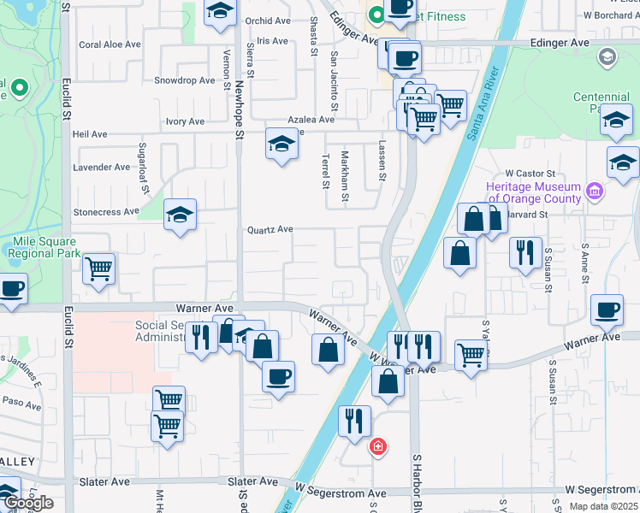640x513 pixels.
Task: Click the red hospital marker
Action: (x=376, y=446)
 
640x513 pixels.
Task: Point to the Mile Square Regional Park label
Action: (x=46, y=247)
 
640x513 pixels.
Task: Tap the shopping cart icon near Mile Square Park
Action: (x=99, y=268)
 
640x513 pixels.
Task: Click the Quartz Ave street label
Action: (x=270, y=229)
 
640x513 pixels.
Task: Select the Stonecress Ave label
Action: (x=106, y=211)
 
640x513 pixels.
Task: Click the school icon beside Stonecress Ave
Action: (x=180, y=215)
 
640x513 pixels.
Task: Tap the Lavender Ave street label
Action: (x=103, y=167)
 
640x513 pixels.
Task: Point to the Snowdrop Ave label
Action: (x=184, y=80)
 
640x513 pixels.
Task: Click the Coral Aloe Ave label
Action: (x=110, y=44)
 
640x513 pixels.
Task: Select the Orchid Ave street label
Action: (x=268, y=21)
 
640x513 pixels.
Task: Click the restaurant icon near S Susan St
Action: (x=525, y=252)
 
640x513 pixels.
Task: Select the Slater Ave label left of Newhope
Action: (x=104, y=482)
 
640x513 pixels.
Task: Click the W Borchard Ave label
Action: (x=611, y=15)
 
